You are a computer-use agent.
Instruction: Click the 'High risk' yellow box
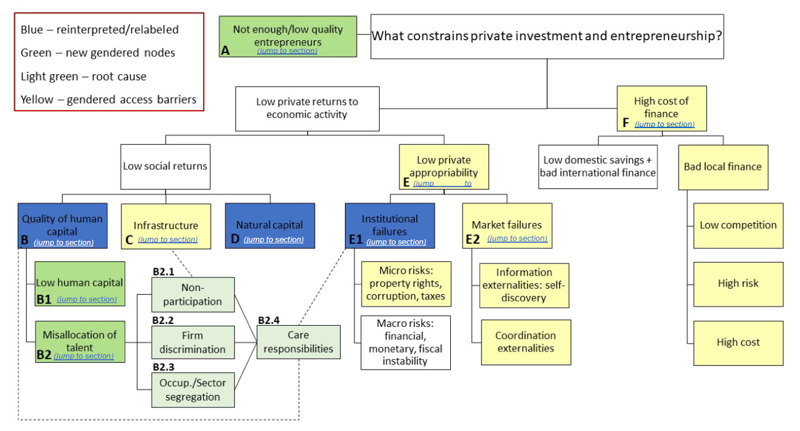737,284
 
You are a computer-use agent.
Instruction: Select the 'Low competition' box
737,225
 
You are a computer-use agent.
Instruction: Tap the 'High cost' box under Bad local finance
737,342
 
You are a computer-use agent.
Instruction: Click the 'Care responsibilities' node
298,342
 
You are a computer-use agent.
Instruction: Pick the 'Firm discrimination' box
193,342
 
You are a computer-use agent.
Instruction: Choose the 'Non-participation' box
193,295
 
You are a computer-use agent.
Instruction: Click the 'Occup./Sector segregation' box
193,390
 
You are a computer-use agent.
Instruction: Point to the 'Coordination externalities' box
525,342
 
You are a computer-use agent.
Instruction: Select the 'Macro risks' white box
406,342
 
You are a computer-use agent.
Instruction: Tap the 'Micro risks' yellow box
406,284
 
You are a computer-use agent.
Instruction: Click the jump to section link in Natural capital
274,240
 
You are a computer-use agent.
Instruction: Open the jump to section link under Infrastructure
168,240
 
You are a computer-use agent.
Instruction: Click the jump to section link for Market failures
517,238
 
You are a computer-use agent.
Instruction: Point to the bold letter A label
225,51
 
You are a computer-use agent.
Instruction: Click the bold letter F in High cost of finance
626,123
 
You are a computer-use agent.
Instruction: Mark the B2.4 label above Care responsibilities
269,320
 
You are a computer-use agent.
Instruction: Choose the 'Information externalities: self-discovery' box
524,285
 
